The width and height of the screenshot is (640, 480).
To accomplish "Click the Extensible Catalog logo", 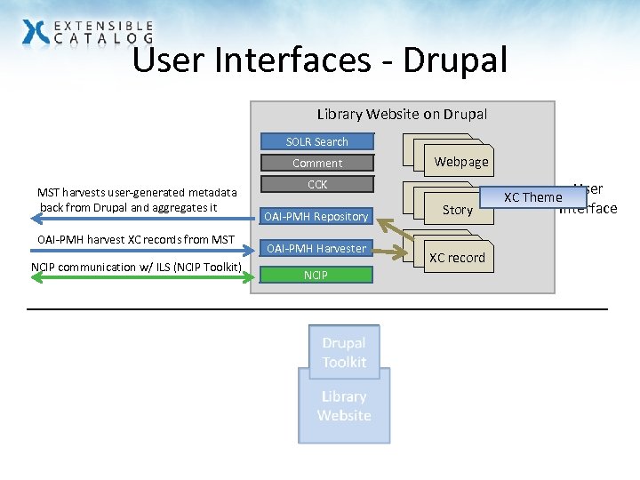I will pos(87,32).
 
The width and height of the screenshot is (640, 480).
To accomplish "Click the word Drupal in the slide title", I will pos(454,60).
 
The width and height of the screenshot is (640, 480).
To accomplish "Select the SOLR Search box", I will pos(316,141).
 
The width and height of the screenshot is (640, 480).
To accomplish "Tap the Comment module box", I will pos(316,163).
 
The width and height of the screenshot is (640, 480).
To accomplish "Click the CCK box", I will pos(316,185).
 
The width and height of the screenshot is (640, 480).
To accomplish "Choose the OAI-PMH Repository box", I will pos(316,216).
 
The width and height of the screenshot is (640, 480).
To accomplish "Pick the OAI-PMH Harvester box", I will pos(316,248).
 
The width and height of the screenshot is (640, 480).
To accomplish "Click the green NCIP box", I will pos(316,275).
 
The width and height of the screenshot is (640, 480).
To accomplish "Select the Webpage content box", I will pos(460,162).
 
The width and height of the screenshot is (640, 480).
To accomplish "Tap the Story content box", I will pos(458,210).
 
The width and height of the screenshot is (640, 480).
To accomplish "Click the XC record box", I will pos(457,258).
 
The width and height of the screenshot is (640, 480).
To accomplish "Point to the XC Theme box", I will pos(532,197).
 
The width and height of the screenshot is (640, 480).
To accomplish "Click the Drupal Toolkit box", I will pos(344,352).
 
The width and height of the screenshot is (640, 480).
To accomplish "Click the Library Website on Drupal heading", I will pos(402,114).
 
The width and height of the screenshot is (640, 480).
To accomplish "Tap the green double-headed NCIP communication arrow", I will pos(133,278).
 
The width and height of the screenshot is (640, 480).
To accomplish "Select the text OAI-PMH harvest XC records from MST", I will pos(136,239).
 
